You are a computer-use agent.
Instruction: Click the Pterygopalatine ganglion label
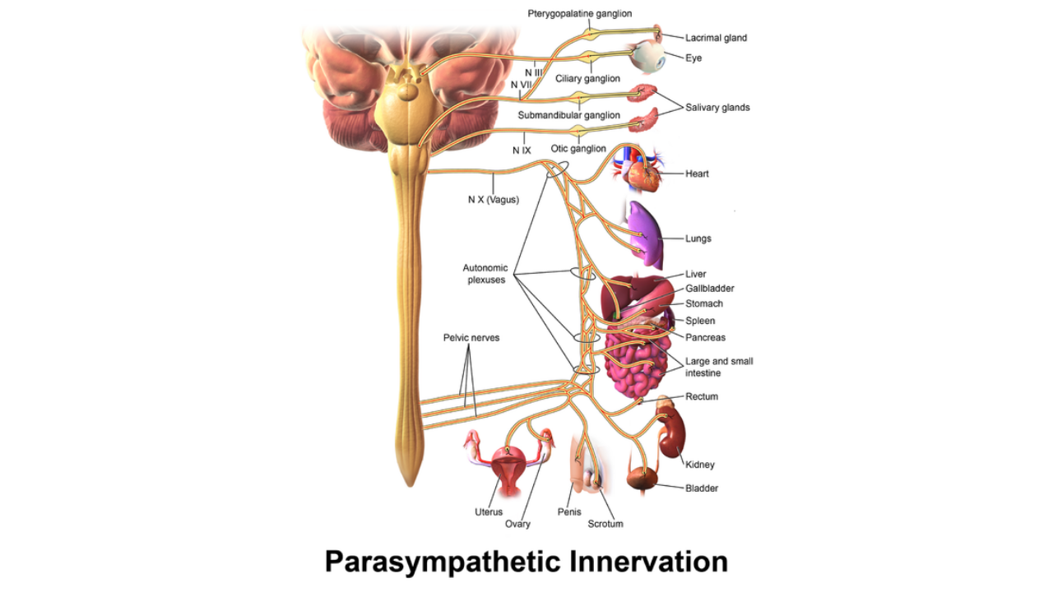tap(580, 14)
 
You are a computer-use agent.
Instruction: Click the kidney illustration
tap(672, 435)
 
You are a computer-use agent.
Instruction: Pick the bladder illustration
tap(642, 479)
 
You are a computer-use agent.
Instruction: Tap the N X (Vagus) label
tap(494, 200)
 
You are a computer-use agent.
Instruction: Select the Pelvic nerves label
tap(471, 338)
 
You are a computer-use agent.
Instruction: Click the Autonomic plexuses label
tap(485, 274)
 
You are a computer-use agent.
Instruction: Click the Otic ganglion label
tap(578, 149)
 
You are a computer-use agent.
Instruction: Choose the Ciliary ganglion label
tap(587, 78)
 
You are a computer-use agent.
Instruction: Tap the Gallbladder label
tap(709, 289)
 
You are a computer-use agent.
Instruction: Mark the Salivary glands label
tap(717, 108)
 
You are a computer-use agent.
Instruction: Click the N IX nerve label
tap(522, 150)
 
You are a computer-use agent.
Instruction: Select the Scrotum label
tap(605, 524)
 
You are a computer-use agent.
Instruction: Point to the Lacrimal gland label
tap(716, 38)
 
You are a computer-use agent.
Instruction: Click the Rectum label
tap(702, 396)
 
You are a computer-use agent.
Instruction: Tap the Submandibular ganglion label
tap(568, 115)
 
